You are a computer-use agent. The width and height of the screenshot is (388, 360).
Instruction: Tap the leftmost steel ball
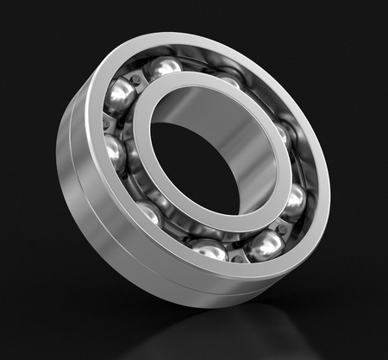click(x=114, y=154)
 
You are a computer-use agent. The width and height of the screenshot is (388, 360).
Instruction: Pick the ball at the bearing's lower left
click(x=148, y=212)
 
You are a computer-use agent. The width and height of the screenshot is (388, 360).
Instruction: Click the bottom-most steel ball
click(x=208, y=249)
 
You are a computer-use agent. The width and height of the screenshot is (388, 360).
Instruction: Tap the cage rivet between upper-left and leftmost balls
click(x=107, y=123)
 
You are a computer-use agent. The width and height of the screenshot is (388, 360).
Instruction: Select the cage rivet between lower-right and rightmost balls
click(x=282, y=226)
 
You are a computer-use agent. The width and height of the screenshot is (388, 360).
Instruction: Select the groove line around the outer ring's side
click(x=76, y=173)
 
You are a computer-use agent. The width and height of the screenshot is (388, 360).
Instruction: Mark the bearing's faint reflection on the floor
click(x=233, y=332)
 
